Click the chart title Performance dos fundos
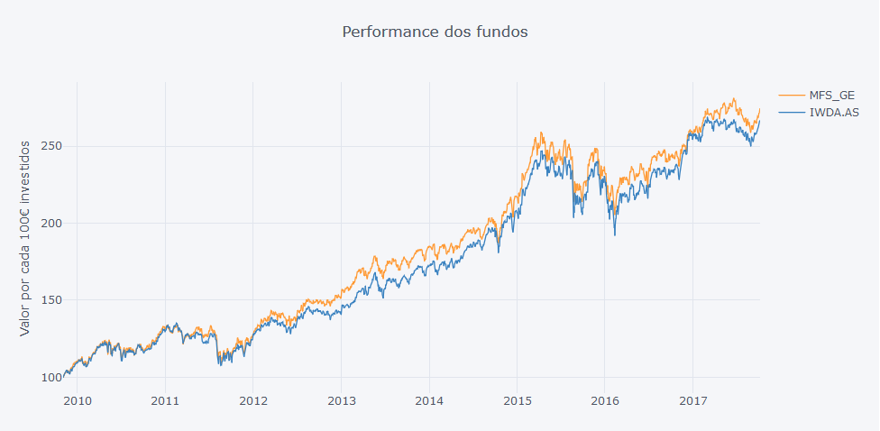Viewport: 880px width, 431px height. click(435, 32)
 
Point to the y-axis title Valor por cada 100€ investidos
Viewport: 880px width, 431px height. click(25, 238)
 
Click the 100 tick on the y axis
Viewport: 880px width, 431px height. click(53, 378)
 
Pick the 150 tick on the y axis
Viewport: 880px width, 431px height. click(53, 300)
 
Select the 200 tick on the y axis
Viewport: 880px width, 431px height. click(53, 224)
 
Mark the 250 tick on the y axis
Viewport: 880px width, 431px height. click(53, 146)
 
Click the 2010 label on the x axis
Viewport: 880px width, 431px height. click(78, 399)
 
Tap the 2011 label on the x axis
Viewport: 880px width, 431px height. click(165, 399)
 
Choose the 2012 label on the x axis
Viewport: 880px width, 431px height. click(253, 399)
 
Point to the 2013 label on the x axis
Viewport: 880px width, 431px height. click(342, 399)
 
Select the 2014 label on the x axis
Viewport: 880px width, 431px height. click(429, 399)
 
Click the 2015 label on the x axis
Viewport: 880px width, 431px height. click(518, 399)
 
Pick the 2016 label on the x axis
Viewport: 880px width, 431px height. click(605, 399)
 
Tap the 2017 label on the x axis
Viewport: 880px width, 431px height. click(693, 399)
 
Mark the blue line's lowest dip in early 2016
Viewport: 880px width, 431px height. click(615, 235)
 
